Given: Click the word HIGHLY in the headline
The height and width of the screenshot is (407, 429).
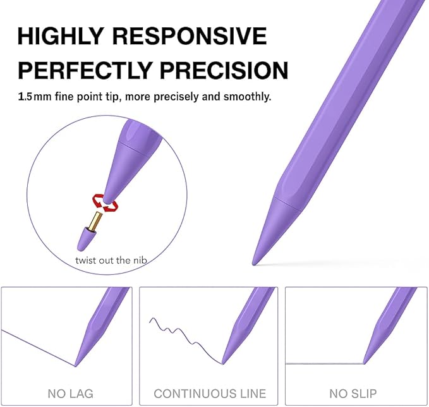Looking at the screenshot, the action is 60,36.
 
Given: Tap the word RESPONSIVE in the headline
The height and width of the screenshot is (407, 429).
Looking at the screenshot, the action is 190,36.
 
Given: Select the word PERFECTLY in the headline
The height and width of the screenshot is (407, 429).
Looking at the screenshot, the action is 85,70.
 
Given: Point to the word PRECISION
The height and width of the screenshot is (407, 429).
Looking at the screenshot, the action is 224,70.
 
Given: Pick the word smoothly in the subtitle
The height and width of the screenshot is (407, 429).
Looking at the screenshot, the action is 247,97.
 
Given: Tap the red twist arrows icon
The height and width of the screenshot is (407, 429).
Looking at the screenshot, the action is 105,203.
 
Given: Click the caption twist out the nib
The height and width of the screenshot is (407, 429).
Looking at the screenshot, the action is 111,260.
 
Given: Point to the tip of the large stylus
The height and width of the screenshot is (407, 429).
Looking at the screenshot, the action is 254,264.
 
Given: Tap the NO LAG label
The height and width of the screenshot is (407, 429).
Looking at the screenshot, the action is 71,394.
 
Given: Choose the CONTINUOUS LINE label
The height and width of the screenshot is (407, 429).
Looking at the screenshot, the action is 210,394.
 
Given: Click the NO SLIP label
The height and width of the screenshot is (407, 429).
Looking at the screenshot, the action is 353,394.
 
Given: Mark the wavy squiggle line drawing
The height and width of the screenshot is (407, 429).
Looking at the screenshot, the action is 185,340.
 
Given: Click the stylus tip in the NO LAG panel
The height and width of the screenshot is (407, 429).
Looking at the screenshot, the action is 75,365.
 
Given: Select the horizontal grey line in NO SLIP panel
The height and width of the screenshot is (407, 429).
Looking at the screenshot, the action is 325,364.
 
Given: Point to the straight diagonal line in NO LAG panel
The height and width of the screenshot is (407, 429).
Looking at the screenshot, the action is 38,348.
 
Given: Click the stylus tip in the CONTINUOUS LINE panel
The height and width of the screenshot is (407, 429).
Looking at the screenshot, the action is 222,363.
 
